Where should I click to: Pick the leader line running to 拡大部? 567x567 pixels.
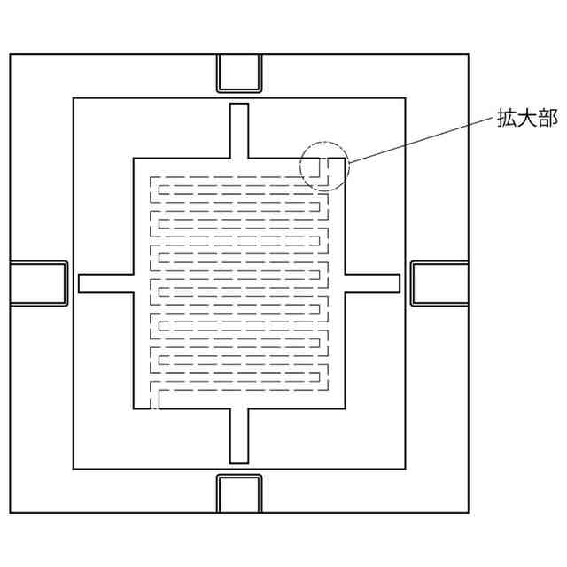(x=416, y=141)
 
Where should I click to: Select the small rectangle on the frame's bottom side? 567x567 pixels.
(x=239, y=493)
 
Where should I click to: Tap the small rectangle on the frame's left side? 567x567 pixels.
(x=38, y=283)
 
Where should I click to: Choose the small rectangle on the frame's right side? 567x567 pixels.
(x=439, y=283)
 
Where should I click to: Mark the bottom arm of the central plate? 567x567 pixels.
(x=239, y=436)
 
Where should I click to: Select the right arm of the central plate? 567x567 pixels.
(x=372, y=283)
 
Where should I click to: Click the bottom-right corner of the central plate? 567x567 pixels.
(x=345, y=408)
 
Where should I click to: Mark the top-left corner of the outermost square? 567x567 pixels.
(x=10, y=55)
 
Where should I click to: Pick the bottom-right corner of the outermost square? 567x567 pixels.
(x=468, y=512)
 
